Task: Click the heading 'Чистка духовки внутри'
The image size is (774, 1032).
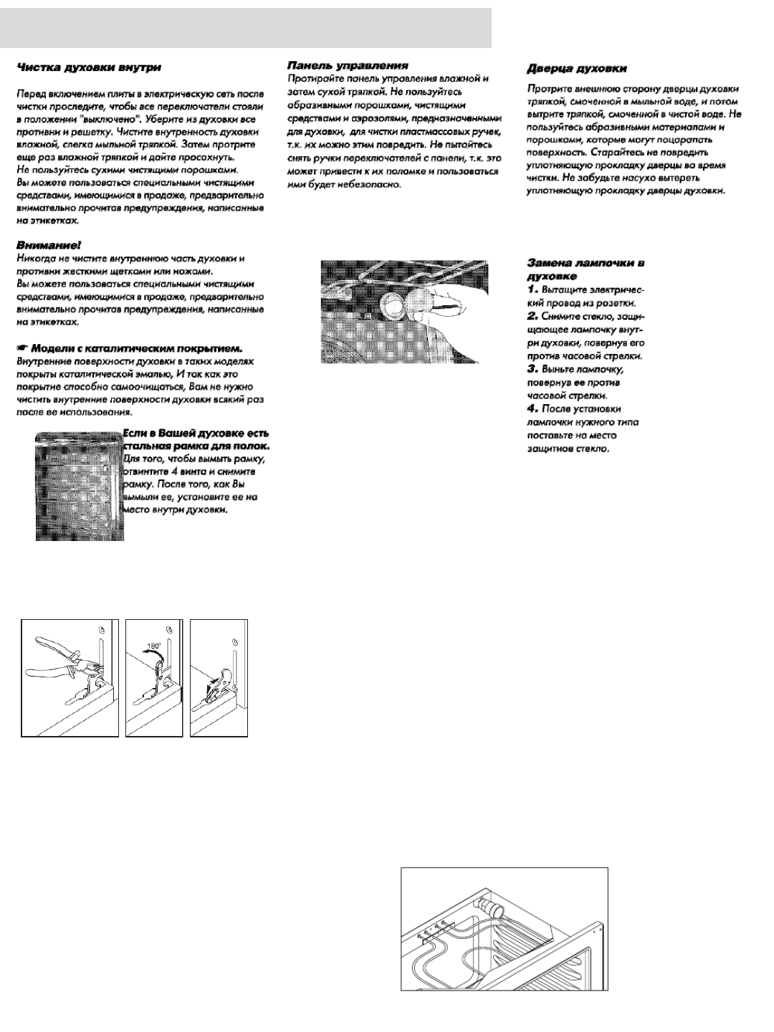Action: coord(89,67)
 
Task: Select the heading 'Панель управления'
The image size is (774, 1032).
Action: coord(348,65)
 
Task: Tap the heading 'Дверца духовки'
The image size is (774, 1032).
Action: coord(577,69)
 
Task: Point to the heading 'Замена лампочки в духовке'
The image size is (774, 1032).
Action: coord(586,269)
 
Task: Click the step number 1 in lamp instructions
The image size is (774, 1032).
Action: coord(532,289)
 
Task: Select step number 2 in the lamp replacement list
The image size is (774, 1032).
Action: coord(532,315)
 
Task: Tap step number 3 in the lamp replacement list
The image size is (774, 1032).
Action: coord(532,368)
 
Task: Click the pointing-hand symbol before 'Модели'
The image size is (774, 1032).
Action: coord(23,348)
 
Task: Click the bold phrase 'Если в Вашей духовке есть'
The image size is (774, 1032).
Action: coord(196,434)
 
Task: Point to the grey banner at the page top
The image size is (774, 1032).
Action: coord(246,28)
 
